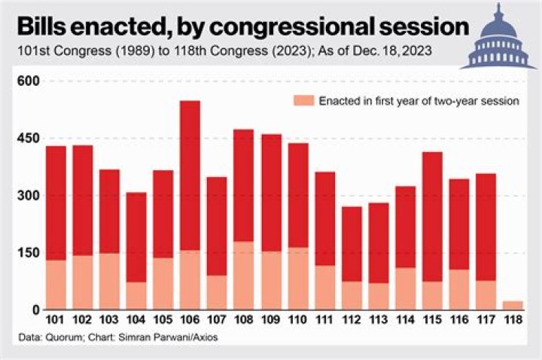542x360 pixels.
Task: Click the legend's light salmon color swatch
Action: click(303, 100)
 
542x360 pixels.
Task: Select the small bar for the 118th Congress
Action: click(513, 305)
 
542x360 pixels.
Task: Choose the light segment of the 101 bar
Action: click(56, 285)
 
